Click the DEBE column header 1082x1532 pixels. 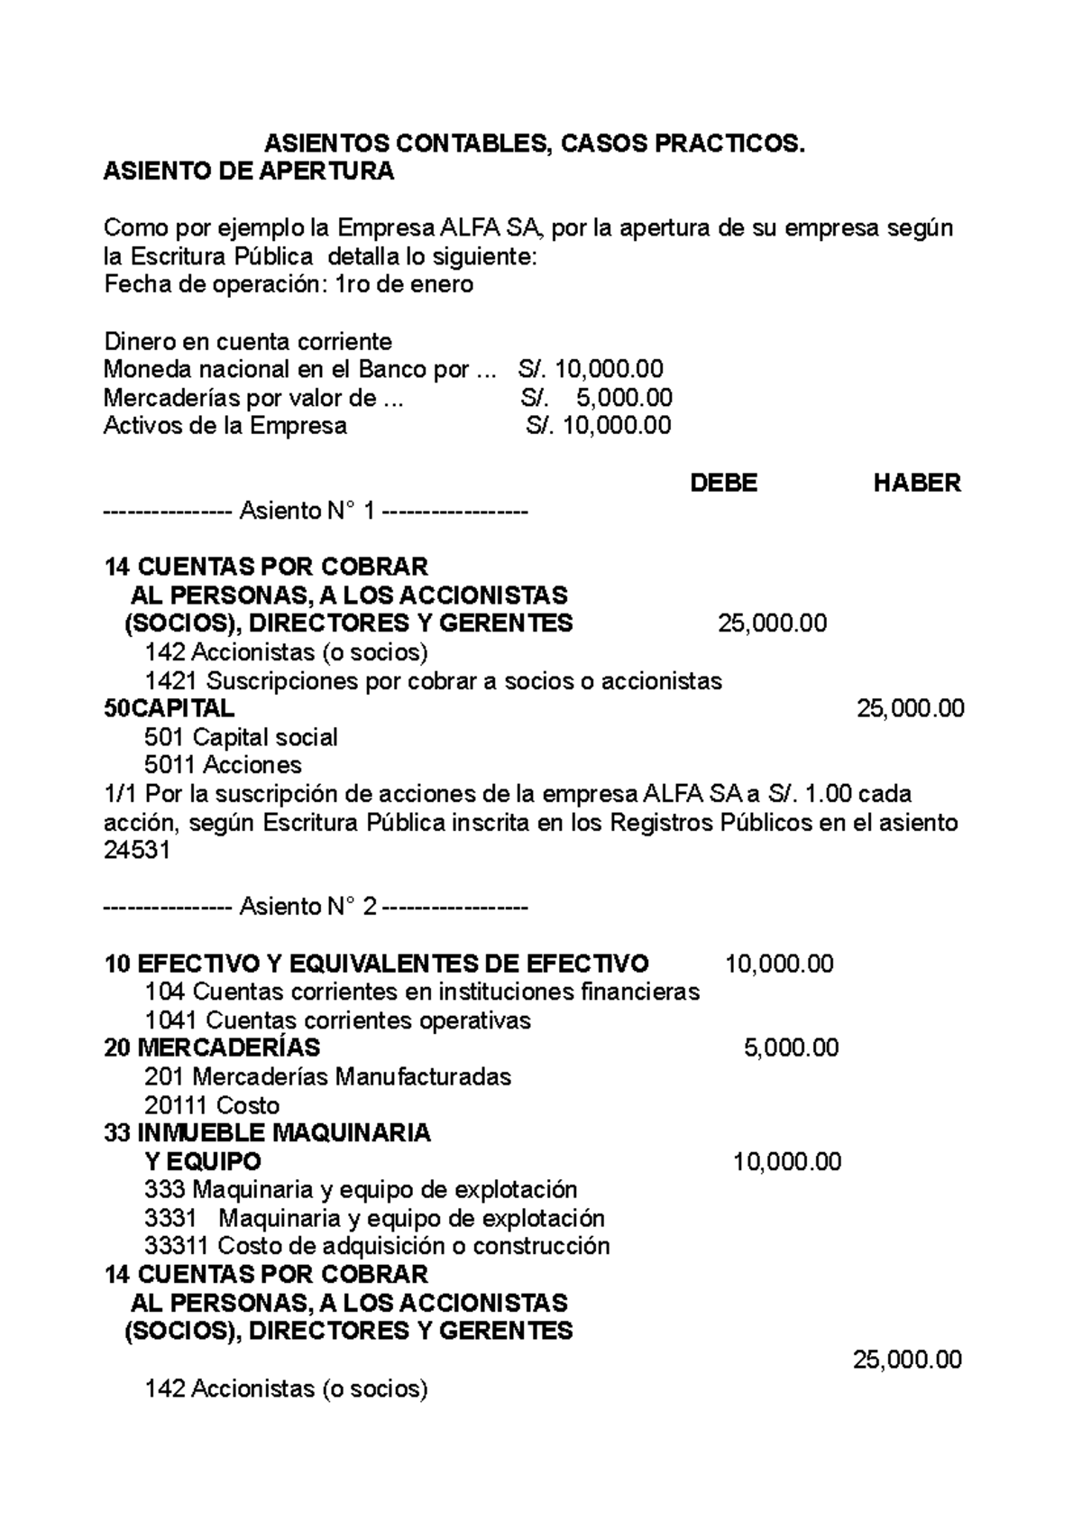pos(723,484)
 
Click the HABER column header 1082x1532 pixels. pos(916,484)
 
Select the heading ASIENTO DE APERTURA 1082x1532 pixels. pos(249,172)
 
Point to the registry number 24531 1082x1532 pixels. pos(137,851)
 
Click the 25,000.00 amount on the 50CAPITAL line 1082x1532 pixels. pos(910,708)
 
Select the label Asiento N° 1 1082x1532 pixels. pos(307,512)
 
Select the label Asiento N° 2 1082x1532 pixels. pos(307,907)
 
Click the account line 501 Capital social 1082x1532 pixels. pos(241,737)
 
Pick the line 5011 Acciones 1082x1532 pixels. pos(223,765)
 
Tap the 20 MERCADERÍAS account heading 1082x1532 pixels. pos(212,1047)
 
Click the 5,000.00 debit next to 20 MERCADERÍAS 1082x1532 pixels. pos(791,1047)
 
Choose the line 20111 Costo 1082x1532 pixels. pos(212,1105)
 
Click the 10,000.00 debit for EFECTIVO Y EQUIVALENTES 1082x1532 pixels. pos(779,964)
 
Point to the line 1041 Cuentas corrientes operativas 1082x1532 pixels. pos(337,1020)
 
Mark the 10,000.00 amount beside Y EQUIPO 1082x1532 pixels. pos(787,1161)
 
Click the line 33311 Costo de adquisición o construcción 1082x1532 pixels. pos(377,1246)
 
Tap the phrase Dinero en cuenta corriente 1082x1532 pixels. pos(248,342)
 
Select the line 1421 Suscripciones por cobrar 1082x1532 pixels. pos(433,680)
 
